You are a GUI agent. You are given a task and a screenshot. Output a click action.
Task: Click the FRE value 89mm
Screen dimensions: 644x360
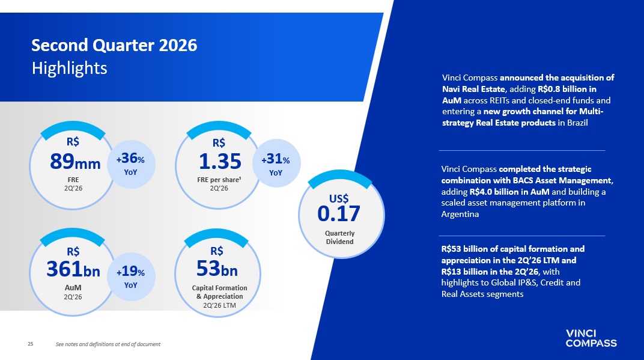(75, 162)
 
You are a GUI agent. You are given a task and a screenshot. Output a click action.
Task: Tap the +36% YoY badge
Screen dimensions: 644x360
(131, 164)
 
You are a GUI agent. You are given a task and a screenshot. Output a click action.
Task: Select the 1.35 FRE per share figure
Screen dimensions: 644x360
(220, 162)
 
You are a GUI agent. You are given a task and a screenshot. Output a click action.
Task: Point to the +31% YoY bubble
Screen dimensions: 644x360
(276, 163)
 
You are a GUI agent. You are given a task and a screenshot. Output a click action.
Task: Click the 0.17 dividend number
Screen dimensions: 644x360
(339, 214)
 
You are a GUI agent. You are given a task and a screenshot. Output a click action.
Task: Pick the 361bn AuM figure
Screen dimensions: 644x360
(73, 270)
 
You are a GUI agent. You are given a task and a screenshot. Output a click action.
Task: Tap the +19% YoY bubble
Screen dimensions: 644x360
(131, 276)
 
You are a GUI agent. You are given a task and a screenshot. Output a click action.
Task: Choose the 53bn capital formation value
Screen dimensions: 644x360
(217, 269)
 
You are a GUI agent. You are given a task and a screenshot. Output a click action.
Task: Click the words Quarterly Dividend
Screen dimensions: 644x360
(339, 237)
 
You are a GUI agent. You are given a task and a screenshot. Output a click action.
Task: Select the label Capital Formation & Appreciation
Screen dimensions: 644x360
(219, 292)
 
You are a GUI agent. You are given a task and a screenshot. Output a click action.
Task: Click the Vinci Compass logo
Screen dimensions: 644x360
(591, 338)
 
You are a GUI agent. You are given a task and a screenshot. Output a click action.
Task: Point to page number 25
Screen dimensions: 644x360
(31, 344)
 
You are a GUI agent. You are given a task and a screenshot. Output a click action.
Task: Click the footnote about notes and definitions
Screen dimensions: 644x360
(108, 344)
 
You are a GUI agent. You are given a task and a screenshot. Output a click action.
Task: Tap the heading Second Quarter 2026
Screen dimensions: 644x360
(114, 45)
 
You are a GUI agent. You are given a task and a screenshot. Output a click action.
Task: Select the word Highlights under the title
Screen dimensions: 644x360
(70, 69)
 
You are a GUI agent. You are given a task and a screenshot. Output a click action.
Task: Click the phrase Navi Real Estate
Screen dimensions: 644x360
(473, 89)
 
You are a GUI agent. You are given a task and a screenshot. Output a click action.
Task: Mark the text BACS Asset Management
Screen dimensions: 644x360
(562, 180)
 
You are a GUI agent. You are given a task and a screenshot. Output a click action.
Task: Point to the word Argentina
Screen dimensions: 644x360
(460, 214)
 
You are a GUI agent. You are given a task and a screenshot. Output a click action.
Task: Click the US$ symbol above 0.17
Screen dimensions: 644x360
(339, 199)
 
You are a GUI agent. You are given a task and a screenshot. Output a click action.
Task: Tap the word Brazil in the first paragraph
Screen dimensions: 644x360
(577, 123)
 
